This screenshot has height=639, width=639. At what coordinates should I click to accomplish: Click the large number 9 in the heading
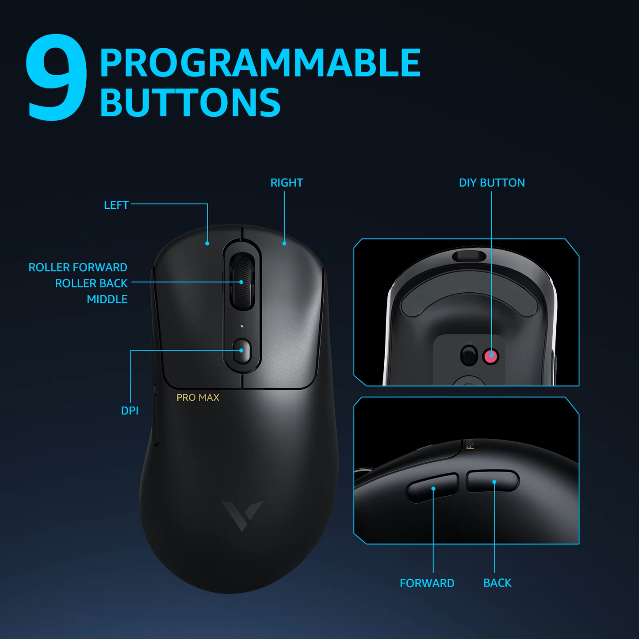pos(56,77)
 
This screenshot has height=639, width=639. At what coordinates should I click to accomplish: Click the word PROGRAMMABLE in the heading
pos(260,62)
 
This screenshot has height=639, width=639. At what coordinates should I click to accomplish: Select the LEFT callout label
pos(116,205)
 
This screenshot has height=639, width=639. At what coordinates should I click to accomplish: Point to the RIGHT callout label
pos(287,183)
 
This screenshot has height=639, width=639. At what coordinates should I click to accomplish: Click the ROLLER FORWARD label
pos(78,267)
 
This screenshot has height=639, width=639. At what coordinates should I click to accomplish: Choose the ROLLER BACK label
pos(91,283)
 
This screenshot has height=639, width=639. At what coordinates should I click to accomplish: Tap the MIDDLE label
pos(107,299)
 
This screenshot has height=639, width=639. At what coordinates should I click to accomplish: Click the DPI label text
pos(130,411)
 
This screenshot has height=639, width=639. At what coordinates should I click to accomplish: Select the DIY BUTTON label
pos(492,183)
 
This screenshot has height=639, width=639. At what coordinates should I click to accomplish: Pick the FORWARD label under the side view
pos(427,583)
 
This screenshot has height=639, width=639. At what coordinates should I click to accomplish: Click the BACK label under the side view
pos(497,583)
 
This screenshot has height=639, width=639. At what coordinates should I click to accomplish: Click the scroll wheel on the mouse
pos(241,281)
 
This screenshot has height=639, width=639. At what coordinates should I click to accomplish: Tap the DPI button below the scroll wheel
pos(242,351)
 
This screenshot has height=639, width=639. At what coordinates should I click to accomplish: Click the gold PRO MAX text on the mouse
pos(198,398)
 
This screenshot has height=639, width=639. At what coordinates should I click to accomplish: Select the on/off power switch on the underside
pos(469,356)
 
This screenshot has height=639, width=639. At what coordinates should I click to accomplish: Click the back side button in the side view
pos(493,482)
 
